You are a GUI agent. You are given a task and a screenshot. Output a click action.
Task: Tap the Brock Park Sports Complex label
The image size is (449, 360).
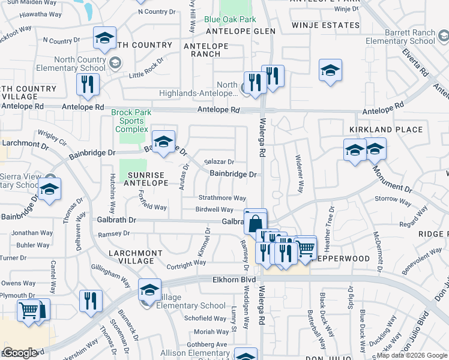131,121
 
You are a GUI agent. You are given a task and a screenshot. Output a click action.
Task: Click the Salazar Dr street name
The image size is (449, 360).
219,162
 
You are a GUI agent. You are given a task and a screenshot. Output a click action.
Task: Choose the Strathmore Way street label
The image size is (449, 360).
223,198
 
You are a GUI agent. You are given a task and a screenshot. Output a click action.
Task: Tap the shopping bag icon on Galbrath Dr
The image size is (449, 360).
255,223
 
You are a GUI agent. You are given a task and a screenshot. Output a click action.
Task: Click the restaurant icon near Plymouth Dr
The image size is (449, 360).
91,301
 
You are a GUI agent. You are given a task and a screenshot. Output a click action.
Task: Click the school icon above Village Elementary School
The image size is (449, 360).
149,290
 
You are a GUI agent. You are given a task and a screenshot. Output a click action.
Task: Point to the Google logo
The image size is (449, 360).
20,353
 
